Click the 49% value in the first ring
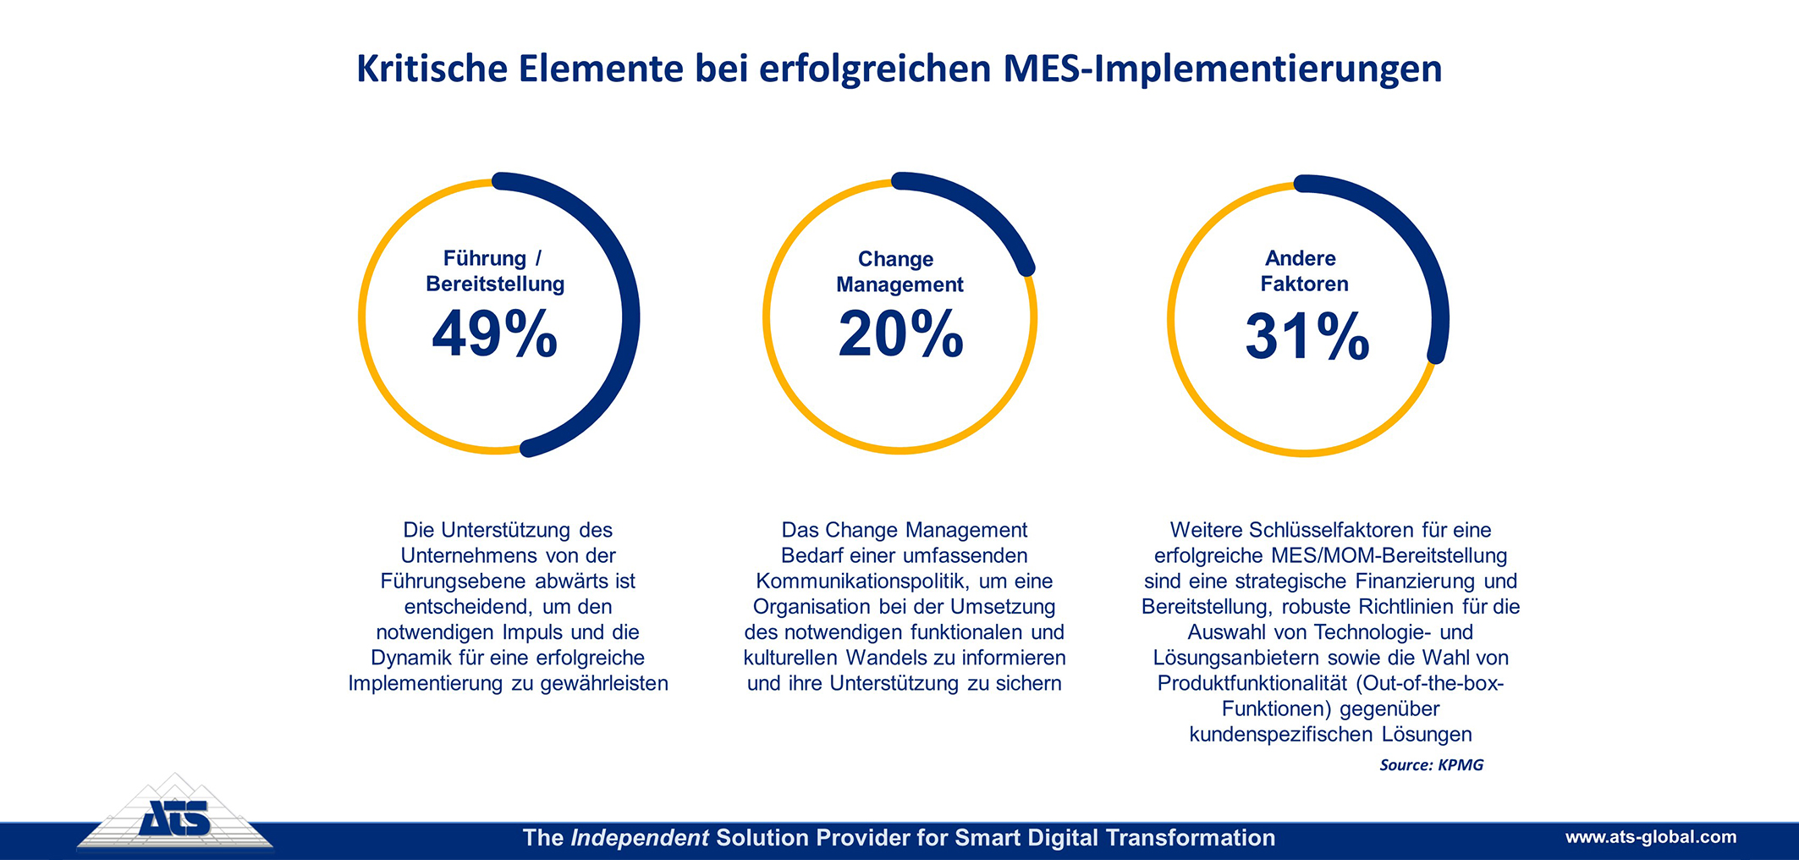pyautogui.click(x=495, y=334)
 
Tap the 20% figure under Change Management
pyautogui.click(x=900, y=334)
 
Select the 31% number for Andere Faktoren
pyautogui.click(x=1307, y=336)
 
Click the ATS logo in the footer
pyautogui.click(x=174, y=817)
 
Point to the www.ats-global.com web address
pyautogui.click(x=1650, y=837)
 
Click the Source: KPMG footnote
pyautogui.click(x=1431, y=765)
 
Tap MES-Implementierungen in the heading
pyautogui.click(x=1222, y=69)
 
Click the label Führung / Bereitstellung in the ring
pyautogui.click(x=495, y=271)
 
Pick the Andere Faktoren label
pyautogui.click(x=1304, y=271)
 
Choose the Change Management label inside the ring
pyautogui.click(x=899, y=272)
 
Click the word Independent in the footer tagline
pyautogui.click(x=639, y=838)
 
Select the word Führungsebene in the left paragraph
pyautogui.click(x=454, y=582)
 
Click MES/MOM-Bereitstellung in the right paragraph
pyautogui.click(x=1389, y=556)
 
